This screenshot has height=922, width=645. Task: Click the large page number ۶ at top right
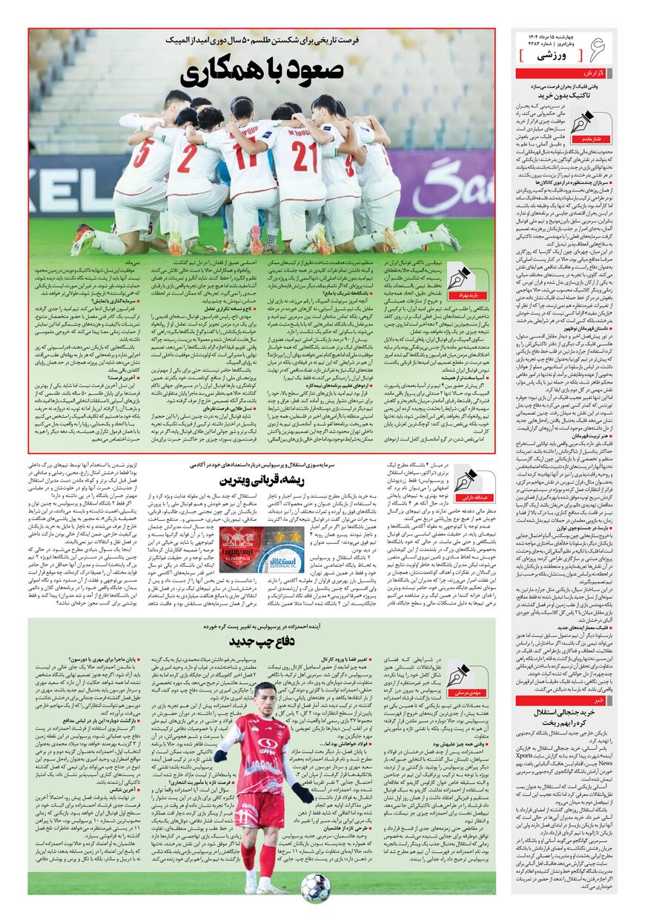599,50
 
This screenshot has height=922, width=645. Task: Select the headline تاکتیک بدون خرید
563,96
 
